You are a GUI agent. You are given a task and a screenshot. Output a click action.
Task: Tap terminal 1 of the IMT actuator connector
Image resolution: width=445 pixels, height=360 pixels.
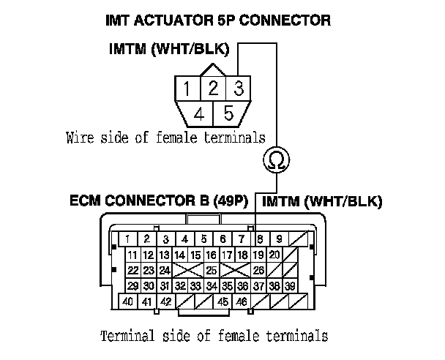tap(188, 89)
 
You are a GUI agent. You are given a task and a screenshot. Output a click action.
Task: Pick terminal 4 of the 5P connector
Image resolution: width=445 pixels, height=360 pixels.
tap(199, 113)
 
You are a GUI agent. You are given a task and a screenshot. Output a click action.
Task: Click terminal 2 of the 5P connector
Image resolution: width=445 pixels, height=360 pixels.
tap(212, 89)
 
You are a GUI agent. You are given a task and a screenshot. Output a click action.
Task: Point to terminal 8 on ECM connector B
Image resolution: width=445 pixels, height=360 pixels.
tap(261, 239)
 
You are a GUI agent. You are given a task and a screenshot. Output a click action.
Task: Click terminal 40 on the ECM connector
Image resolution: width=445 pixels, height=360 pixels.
tap(128, 301)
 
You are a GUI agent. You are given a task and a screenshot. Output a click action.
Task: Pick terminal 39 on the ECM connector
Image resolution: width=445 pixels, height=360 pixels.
tap(290, 285)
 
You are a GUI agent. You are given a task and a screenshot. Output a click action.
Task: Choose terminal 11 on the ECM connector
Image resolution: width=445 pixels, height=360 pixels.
tap(132, 255)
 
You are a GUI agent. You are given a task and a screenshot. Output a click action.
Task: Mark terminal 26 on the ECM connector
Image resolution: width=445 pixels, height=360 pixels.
tap(258, 270)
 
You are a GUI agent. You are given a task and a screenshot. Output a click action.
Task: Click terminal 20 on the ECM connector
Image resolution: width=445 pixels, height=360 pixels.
tap(274, 255)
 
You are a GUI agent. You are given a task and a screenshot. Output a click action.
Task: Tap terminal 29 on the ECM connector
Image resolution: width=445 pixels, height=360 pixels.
tap(132, 285)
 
